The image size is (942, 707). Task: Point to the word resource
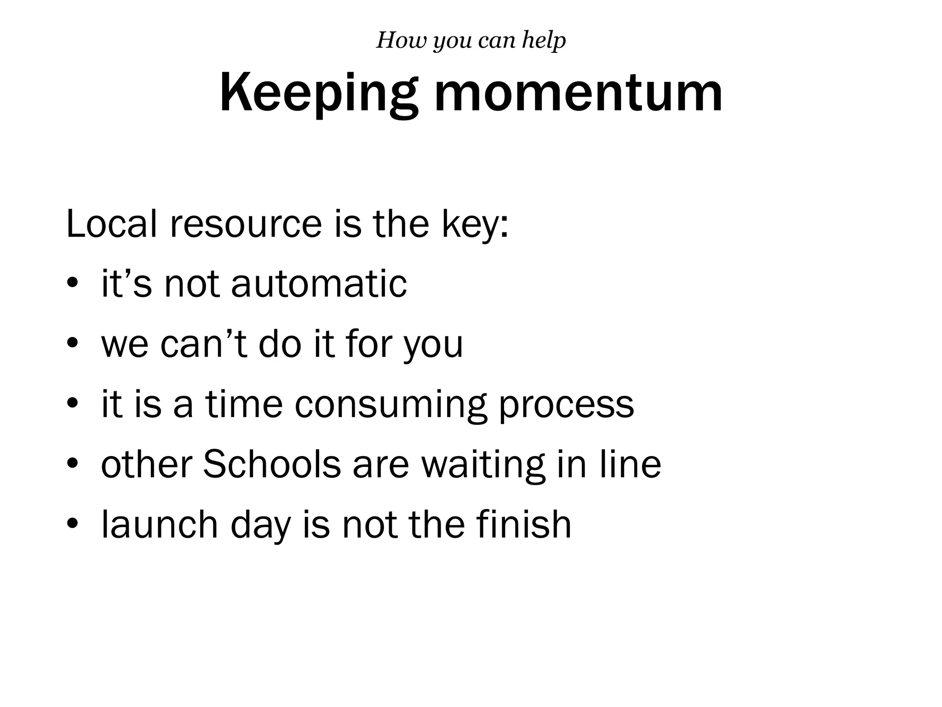(246, 224)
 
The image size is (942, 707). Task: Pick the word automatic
(319, 284)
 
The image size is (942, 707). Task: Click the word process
(566, 405)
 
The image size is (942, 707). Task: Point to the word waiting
(483, 465)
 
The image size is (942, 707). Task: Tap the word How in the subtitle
(399, 40)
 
